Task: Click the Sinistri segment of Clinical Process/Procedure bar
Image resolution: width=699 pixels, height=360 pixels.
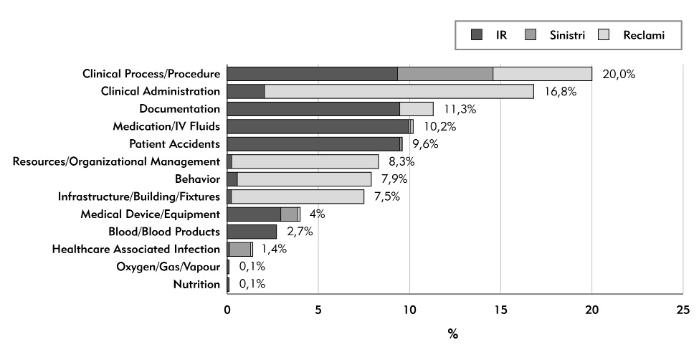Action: pos(445,74)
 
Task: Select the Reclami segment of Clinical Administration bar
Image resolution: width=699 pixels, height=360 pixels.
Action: pos(399,91)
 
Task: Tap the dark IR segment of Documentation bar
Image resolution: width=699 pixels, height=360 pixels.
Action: pos(313,109)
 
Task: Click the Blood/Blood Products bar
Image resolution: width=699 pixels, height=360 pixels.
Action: pos(252,232)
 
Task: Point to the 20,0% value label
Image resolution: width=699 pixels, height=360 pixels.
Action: pos(619,74)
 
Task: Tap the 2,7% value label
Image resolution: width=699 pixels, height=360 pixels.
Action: pos(300,232)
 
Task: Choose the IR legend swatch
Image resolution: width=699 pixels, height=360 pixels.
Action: pos(477,34)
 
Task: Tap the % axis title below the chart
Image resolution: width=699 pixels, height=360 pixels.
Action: pos(453,335)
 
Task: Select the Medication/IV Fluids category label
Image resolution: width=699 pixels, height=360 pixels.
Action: pos(166,126)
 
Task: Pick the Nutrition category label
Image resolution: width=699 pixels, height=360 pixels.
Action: pos(196,285)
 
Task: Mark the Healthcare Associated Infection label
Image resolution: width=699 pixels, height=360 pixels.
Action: pos(136,249)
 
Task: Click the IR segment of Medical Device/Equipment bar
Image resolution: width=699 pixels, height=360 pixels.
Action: pos(254,214)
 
